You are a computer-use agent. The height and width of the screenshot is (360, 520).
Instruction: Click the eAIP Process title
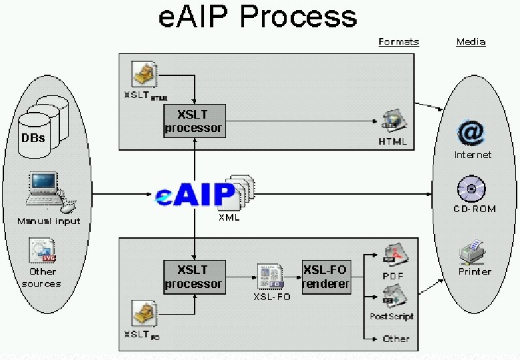[257, 17]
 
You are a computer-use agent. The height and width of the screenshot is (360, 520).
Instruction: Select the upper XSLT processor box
[195, 121]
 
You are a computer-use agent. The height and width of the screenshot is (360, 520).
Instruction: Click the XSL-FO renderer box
[325, 277]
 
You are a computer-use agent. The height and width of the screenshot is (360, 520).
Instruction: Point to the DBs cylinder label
[34, 138]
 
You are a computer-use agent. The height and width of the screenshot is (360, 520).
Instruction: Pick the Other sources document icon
[41, 251]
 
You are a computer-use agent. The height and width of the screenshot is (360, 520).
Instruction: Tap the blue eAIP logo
[195, 195]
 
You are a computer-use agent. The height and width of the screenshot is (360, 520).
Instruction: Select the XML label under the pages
[229, 217]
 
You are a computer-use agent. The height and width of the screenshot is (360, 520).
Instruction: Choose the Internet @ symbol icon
[471, 133]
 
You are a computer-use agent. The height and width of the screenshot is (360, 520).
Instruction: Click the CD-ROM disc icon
[471, 190]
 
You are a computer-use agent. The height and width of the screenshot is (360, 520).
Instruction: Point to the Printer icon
[474, 253]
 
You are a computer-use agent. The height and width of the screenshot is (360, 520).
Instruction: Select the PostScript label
[391, 317]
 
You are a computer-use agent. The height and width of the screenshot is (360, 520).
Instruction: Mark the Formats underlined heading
[399, 42]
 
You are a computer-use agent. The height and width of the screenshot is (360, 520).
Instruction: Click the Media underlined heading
[471, 42]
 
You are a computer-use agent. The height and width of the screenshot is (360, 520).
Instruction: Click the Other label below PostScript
[396, 339]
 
